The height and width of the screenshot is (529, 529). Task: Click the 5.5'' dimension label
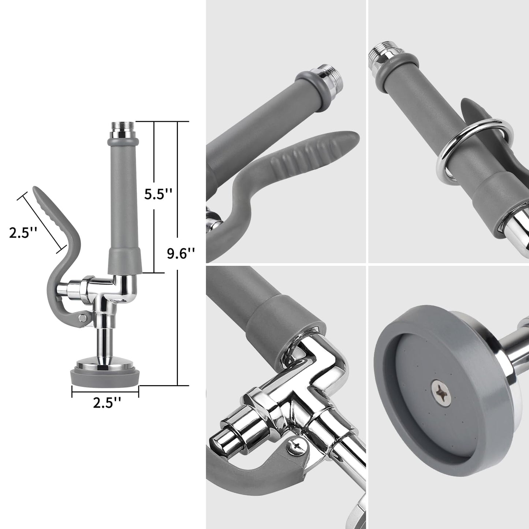(x=158, y=194)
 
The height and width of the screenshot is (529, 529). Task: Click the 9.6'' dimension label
(x=180, y=253)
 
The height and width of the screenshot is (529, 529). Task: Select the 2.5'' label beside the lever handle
(x=23, y=232)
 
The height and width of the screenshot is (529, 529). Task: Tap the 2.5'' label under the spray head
(x=107, y=403)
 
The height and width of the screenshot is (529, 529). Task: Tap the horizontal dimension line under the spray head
(x=105, y=393)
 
